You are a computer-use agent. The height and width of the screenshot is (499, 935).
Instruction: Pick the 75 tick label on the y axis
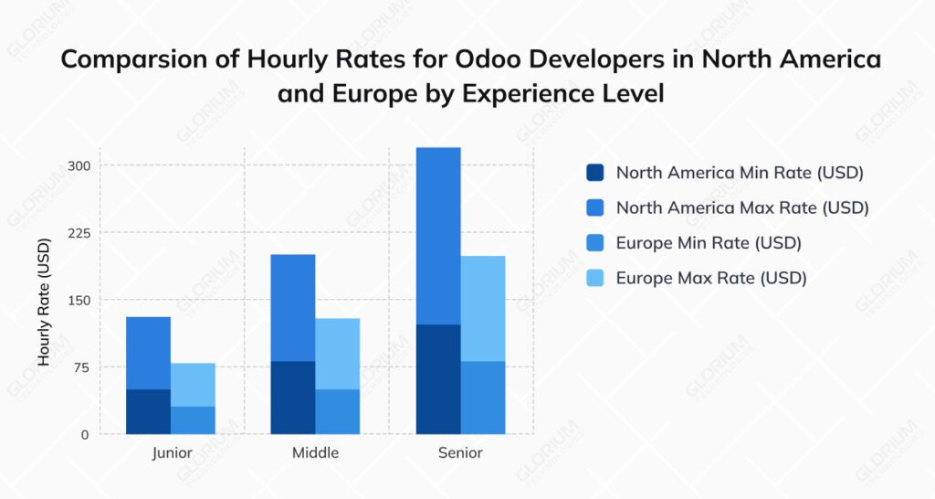(81, 367)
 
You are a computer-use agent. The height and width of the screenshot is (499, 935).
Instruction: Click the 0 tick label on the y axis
(85, 435)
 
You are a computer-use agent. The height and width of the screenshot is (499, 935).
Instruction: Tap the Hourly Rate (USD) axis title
(44, 303)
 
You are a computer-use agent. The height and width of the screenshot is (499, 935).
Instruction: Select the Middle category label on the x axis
(315, 453)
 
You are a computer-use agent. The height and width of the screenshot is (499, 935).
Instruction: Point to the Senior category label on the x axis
(460, 453)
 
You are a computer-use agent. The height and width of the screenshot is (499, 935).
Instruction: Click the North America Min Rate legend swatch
(595, 173)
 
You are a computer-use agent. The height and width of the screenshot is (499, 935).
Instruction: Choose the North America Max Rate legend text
(741, 208)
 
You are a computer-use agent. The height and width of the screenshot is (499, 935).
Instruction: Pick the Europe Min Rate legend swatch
(595, 243)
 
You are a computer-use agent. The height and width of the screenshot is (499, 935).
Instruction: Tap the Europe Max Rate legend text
(711, 279)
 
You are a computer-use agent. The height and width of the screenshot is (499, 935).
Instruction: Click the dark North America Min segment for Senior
(438, 379)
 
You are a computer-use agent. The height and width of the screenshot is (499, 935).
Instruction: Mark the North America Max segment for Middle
(293, 307)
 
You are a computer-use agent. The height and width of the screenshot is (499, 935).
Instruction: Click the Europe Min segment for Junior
(193, 420)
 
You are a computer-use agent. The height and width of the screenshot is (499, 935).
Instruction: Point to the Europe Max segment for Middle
(338, 354)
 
